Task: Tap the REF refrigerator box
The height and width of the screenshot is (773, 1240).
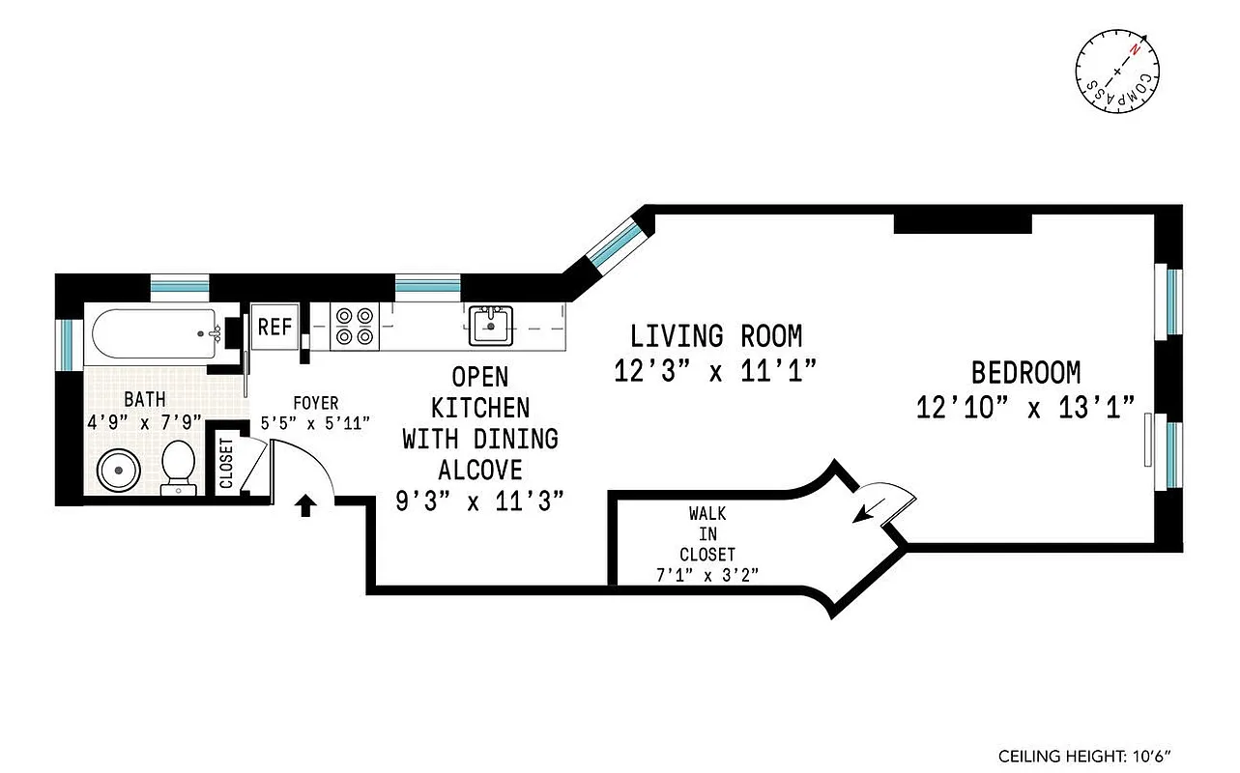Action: click(274, 327)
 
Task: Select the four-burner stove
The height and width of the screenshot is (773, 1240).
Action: click(354, 326)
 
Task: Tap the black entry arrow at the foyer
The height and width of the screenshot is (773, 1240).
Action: click(305, 505)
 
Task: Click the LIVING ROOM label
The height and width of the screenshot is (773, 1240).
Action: click(716, 336)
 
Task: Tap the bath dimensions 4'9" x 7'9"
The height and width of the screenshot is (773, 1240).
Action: click(143, 421)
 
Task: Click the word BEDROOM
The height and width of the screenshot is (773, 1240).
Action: click(1025, 372)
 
